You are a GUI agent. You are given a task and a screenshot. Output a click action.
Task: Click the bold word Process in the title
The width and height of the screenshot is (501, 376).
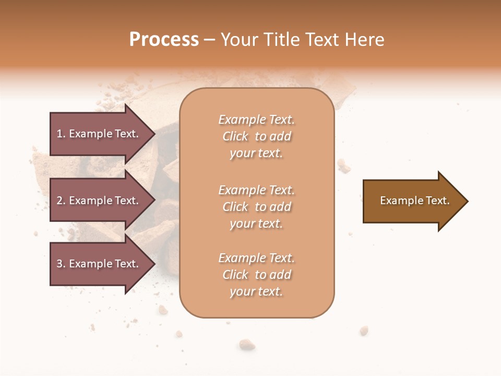164,40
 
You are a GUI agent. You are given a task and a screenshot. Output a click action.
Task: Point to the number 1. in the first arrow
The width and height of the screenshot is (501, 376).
61,134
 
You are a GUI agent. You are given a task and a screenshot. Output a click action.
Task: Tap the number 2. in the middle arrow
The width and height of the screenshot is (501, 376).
61,201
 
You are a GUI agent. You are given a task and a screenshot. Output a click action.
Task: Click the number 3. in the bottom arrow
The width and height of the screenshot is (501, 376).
61,264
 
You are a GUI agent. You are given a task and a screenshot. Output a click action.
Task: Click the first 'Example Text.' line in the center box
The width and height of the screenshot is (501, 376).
256,120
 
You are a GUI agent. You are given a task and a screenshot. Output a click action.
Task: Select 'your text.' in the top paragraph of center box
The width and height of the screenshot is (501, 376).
256,154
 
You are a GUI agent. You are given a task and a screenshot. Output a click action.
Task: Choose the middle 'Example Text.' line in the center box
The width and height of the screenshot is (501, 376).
256,190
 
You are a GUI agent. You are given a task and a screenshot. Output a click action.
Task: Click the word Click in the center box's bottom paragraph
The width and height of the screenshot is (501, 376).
235,275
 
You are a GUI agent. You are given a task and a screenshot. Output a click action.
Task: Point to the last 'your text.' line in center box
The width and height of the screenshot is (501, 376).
256,292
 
